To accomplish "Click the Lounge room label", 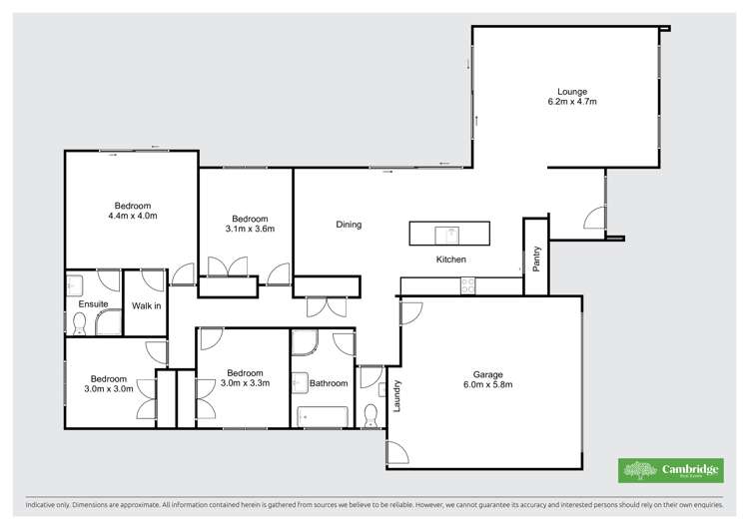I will [x=566, y=92].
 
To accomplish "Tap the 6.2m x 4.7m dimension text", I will [x=566, y=102].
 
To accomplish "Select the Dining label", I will [x=349, y=225].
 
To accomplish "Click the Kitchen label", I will [x=451, y=260].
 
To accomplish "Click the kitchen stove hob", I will [x=467, y=285].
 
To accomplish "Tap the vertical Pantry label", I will [x=537, y=260].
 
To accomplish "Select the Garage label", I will [x=488, y=374].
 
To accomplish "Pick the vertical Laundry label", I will [x=396, y=396].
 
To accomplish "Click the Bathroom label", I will [x=328, y=383].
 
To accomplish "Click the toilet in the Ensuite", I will [x=80, y=322].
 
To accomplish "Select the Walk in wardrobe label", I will [x=146, y=304].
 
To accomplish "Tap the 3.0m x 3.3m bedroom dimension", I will [x=245, y=382].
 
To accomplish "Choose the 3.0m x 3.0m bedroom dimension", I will [x=109, y=389].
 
